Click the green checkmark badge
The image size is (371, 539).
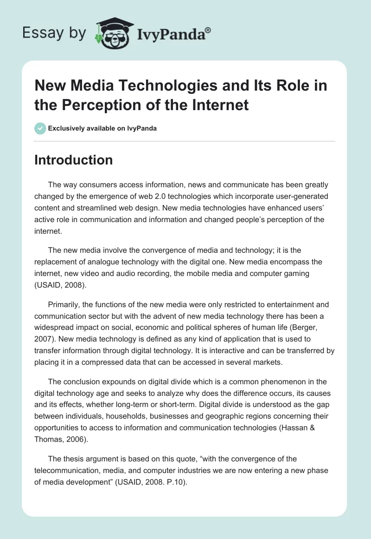40,128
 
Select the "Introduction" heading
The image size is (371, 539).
74,160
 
